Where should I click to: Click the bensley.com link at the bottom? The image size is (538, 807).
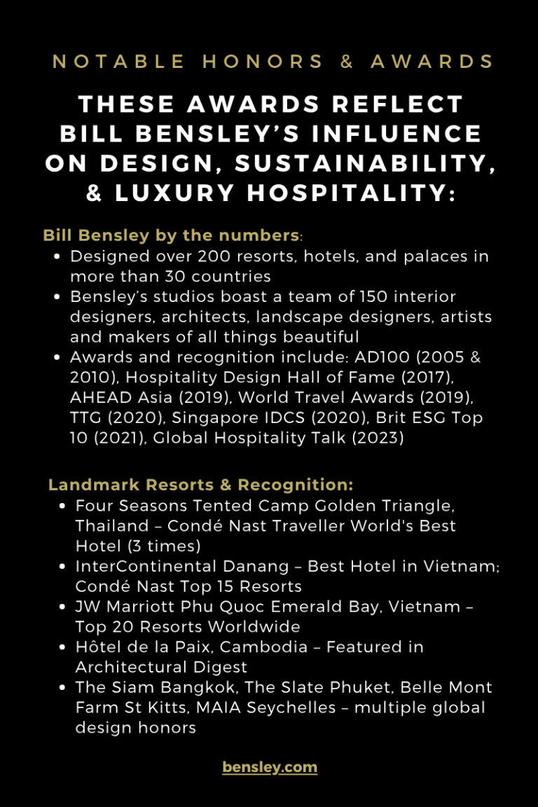point(270,767)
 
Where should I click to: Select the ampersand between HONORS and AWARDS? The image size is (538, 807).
point(347,61)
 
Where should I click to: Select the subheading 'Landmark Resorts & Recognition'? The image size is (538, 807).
point(200,485)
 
